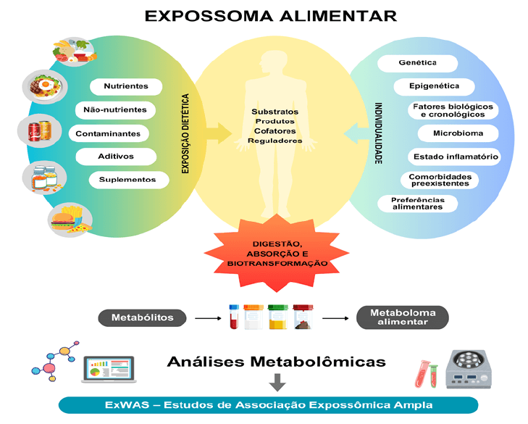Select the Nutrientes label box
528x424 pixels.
[x=125, y=86]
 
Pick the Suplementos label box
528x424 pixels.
[x=127, y=179]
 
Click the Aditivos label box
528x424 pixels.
[x=116, y=156]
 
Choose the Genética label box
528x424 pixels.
[x=417, y=63]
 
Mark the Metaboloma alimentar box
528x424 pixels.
[x=403, y=317]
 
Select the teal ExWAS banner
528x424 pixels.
[x=268, y=404]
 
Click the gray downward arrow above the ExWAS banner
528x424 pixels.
[x=277, y=383]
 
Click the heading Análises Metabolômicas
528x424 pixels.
[x=275, y=361]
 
